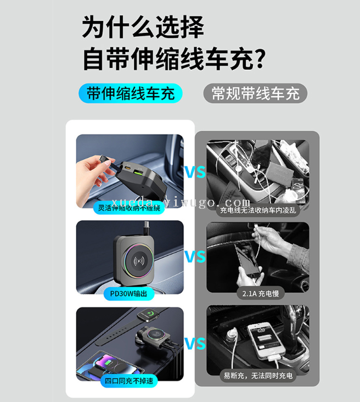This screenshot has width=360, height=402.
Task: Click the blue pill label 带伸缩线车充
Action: tap(131, 93)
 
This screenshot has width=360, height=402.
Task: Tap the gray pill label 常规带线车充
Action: tap(256, 93)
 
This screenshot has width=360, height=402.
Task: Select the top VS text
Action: tap(195, 172)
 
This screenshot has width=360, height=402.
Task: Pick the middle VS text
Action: tap(195, 256)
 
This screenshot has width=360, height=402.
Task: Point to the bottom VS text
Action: tap(195, 344)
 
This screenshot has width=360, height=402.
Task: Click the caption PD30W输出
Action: tap(128, 294)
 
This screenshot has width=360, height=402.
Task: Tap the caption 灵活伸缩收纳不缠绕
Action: tap(129, 208)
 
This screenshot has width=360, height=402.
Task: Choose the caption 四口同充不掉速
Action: tap(129, 381)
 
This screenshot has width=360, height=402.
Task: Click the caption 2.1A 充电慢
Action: tap(261, 294)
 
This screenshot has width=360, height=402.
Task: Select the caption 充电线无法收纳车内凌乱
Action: tap(258, 210)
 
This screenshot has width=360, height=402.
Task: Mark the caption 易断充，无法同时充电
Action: tap(258, 376)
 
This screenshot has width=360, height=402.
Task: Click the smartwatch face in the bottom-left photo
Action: tap(148, 315)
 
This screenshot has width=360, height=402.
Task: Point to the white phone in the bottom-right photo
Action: tap(267, 340)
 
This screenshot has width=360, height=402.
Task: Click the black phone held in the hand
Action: tap(249, 259)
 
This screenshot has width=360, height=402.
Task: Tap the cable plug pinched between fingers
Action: tap(105, 159)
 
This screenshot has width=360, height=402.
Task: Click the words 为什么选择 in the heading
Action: tap(143, 27)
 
